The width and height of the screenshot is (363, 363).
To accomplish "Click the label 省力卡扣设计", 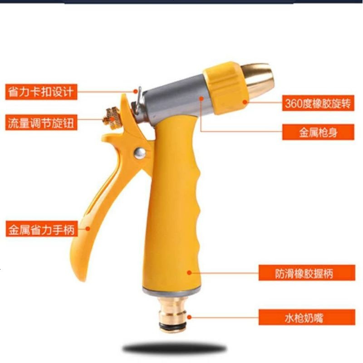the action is [41, 92].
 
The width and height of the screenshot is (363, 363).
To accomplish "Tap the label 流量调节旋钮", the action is [41, 123].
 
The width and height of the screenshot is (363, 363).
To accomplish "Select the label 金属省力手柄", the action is [42, 229].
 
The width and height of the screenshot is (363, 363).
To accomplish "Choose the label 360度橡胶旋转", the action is [318, 103].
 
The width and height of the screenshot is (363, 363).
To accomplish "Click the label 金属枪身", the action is [318, 132].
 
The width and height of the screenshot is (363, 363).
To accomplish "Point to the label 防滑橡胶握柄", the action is [307, 273].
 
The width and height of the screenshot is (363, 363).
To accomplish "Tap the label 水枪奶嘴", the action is [307, 317].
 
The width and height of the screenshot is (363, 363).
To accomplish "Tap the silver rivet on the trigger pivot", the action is [140, 153].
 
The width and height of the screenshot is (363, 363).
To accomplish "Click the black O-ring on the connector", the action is [172, 326].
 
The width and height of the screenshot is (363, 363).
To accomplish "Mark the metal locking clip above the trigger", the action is [137, 102].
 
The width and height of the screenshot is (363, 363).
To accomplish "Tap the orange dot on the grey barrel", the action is [201, 99].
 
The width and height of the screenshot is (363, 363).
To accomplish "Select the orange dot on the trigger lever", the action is [88, 229].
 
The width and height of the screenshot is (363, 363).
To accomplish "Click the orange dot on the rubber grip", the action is [189, 273].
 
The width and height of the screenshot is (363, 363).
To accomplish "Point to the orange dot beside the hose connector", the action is [189, 317].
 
